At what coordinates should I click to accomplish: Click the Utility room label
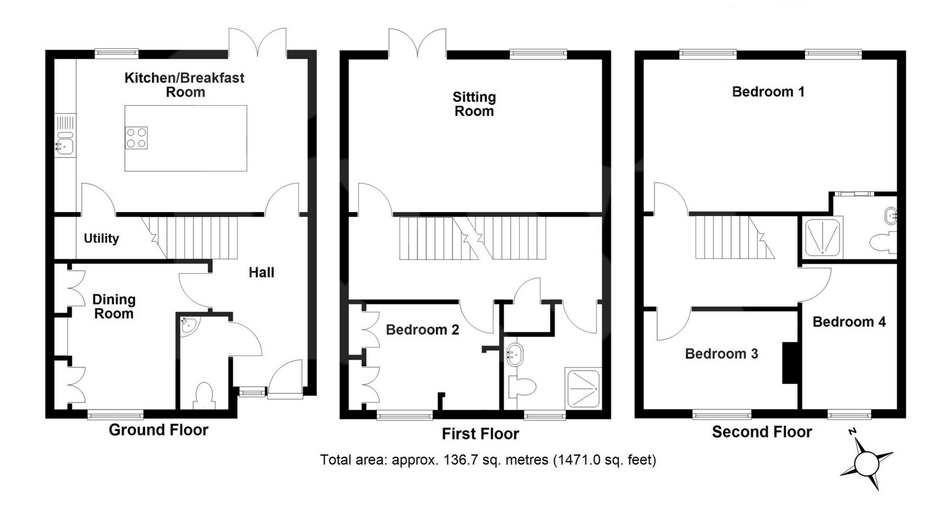point(101,239)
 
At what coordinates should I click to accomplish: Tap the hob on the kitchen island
point(137,138)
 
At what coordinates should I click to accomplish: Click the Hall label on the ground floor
point(262,272)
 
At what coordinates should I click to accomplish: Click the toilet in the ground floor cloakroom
point(204,397)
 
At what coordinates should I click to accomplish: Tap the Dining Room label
point(114,306)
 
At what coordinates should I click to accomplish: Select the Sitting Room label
point(474,104)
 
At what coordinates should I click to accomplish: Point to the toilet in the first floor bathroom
point(521,387)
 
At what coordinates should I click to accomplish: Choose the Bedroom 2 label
point(422,330)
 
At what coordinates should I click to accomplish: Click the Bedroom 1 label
point(768,92)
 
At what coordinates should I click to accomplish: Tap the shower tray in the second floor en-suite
point(823,238)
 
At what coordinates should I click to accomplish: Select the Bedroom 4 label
point(849,322)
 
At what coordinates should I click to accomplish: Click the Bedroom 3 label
point(722,353)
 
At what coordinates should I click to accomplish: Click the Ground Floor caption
point(158,430)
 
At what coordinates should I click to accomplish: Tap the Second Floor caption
point(762,432)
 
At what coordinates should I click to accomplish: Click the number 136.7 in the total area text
point(460,460)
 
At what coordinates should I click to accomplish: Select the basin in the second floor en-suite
point(891,215)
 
